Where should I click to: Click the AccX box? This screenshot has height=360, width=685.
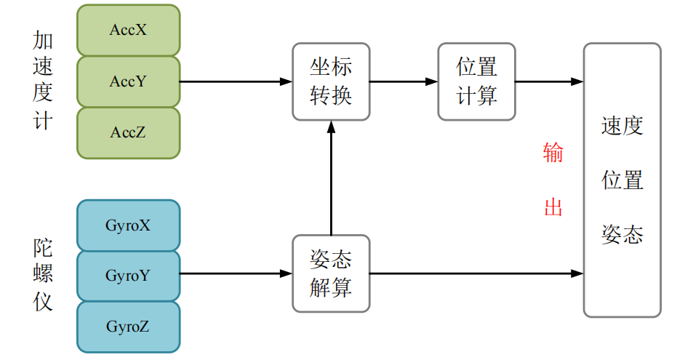click(x=128, y=30)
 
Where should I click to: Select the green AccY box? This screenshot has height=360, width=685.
click(x=128, y=81)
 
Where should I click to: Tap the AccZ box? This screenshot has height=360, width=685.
click(x=128, y=132)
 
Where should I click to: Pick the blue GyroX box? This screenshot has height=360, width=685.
click(x=128, y=225)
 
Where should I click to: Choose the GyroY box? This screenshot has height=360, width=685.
click(x=128, y=276)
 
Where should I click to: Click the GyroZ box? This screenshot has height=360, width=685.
click(x=128, y=327)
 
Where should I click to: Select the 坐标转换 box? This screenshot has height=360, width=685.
click(x=331, y=81)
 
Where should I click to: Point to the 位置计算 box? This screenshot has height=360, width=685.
click(x=477, y=81)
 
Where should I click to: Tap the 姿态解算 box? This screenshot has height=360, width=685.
click(x=331, y=273)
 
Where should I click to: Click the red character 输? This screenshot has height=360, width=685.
click(x=553, y=153)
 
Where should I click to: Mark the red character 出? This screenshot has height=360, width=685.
click(x=553, y=207)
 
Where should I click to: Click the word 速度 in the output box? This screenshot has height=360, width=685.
click(x=622, y=127)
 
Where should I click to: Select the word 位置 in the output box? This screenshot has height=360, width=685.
click(x=622, y=180)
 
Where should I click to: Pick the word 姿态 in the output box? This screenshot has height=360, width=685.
click(x=622, y=234)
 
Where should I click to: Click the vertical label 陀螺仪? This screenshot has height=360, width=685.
click(x=44, y=275)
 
